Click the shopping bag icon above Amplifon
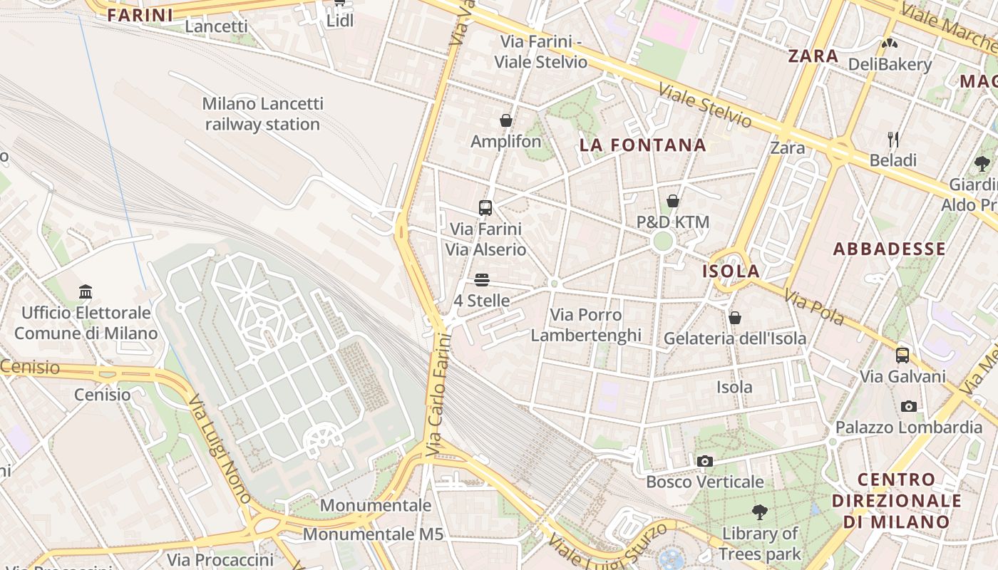pos(506,120)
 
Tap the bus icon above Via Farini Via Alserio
pos(485,208)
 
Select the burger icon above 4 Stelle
pos(482,280)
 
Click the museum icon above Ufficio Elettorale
pos(86,291)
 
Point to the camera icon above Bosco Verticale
pos(705,461)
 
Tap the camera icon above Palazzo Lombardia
pos(909,406)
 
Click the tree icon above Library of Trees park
pos(760,512)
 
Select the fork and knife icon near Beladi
pos(892,139)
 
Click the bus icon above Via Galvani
pos(902,355)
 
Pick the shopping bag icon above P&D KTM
pos(672,201)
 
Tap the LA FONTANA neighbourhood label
pos(642,145)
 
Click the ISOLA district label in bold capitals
pos(731,271)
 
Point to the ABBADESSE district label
pos(889,249)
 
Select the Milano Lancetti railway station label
pos(262,114)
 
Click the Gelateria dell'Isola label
pos(735,338)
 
